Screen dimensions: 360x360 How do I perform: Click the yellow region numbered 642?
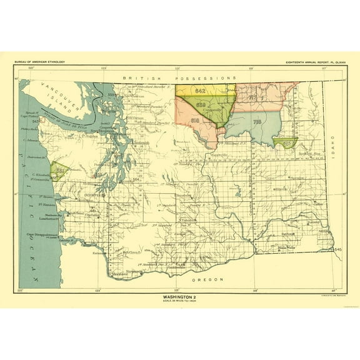coord(200,91)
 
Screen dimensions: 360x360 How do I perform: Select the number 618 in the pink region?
coord(195,120)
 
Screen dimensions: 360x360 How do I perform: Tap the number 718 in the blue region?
coord(256,122)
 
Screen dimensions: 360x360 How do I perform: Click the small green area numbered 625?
coord(286,143)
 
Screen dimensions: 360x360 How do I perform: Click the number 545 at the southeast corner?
coord(337,249)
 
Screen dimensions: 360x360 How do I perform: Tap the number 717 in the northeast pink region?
coord(252,98)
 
